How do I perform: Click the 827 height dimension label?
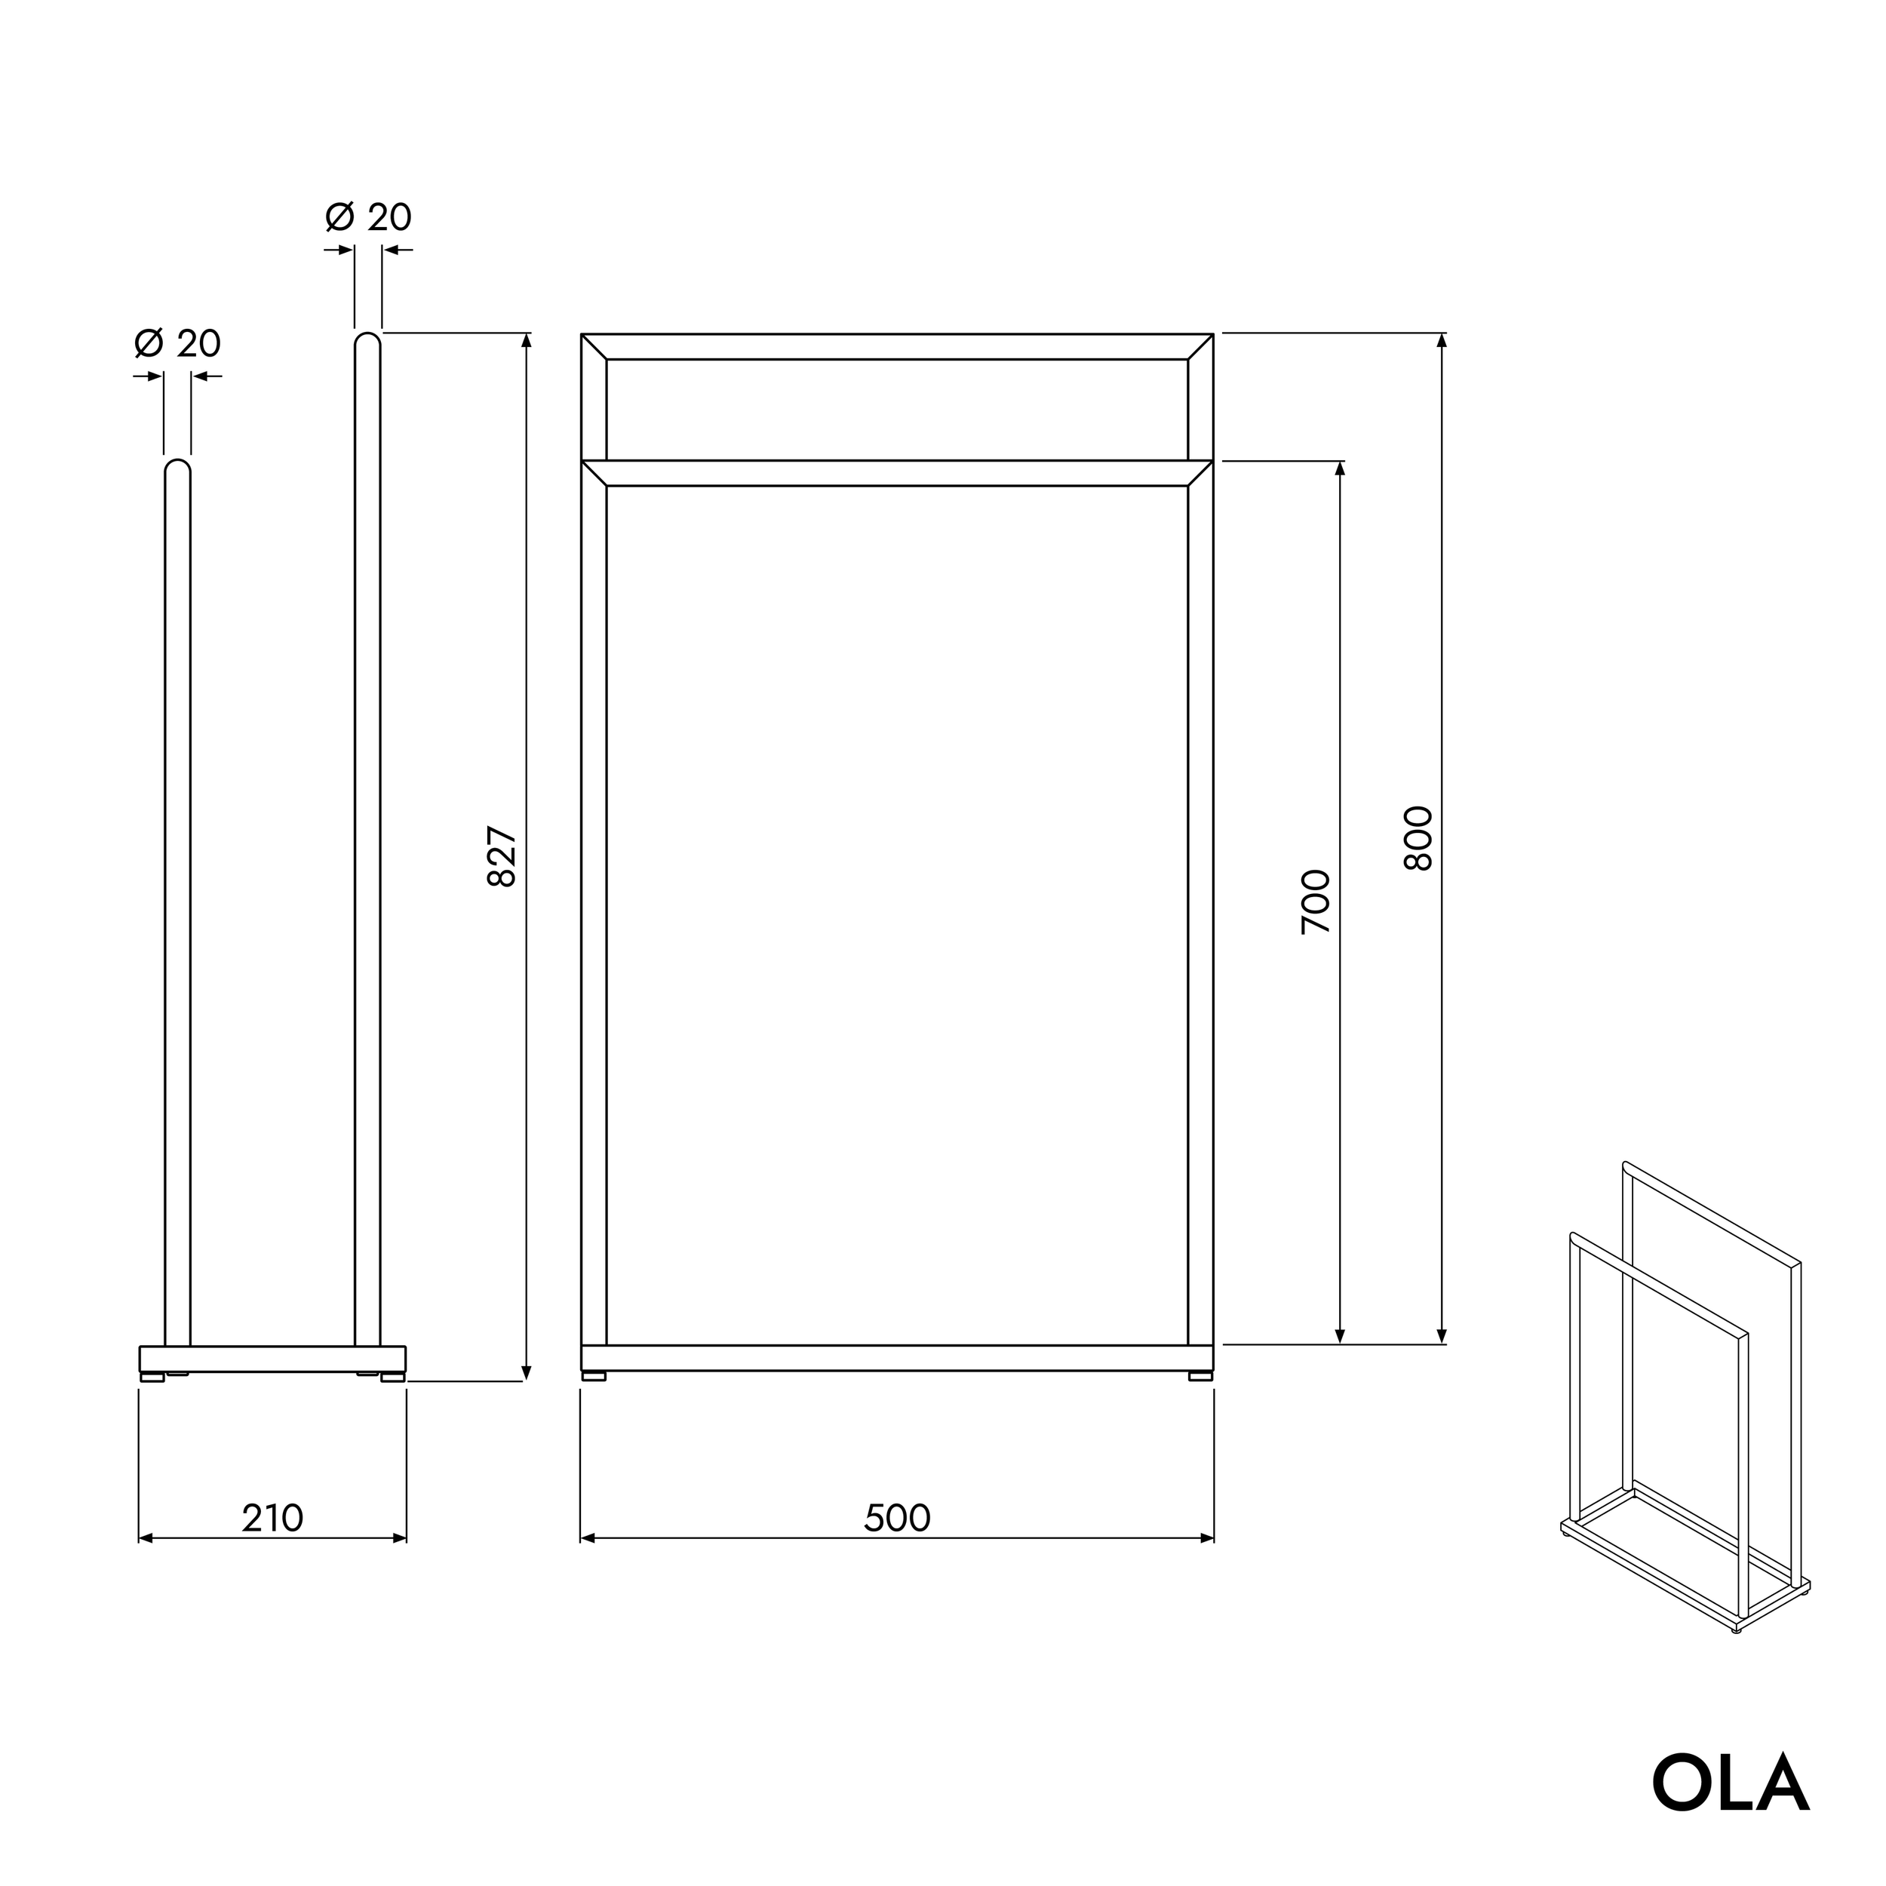tap(502, 856)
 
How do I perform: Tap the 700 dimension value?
tap(1316, 901)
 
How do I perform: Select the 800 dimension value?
tap(1418, 837)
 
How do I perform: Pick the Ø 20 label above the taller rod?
tap(369, 217)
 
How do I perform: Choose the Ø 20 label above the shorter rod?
tap(178, 343)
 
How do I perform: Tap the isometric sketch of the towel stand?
tap(1684, 1396)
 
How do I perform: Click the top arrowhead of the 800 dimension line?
tap(1442, 339)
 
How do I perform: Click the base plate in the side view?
tap(272, 1359)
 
